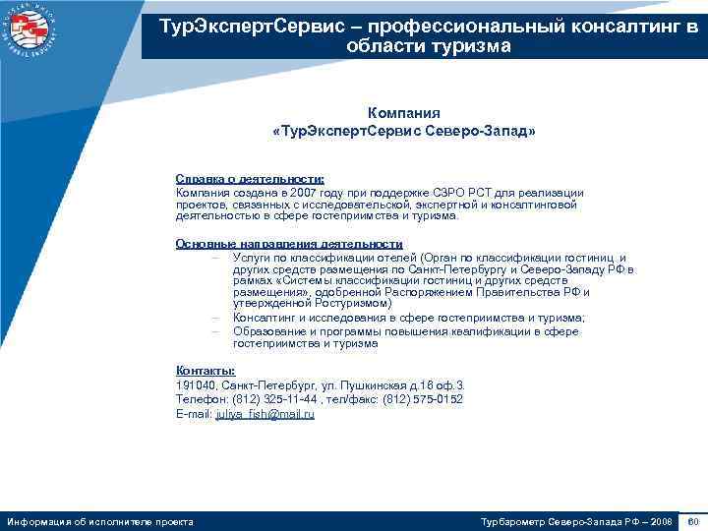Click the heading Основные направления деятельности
click(289, 244)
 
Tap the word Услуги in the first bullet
click(252, 256)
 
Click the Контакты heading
click(205, 370)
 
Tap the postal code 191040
click(196, 385)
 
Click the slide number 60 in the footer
click(693, 520)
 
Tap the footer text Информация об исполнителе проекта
click(100, 520)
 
